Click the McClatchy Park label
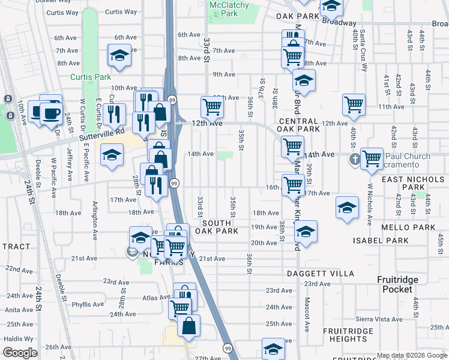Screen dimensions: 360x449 pos(223,8)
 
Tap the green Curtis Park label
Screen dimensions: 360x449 pos(90,77)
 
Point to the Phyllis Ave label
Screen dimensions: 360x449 pos(88,305)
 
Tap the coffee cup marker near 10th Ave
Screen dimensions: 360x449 pos(50,112)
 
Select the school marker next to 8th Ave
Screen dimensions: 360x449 pos(119,56)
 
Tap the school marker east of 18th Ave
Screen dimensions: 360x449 pos(347,208)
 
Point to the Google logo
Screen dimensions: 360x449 pos(20,353)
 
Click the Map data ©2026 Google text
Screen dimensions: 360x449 pos(412,355)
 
